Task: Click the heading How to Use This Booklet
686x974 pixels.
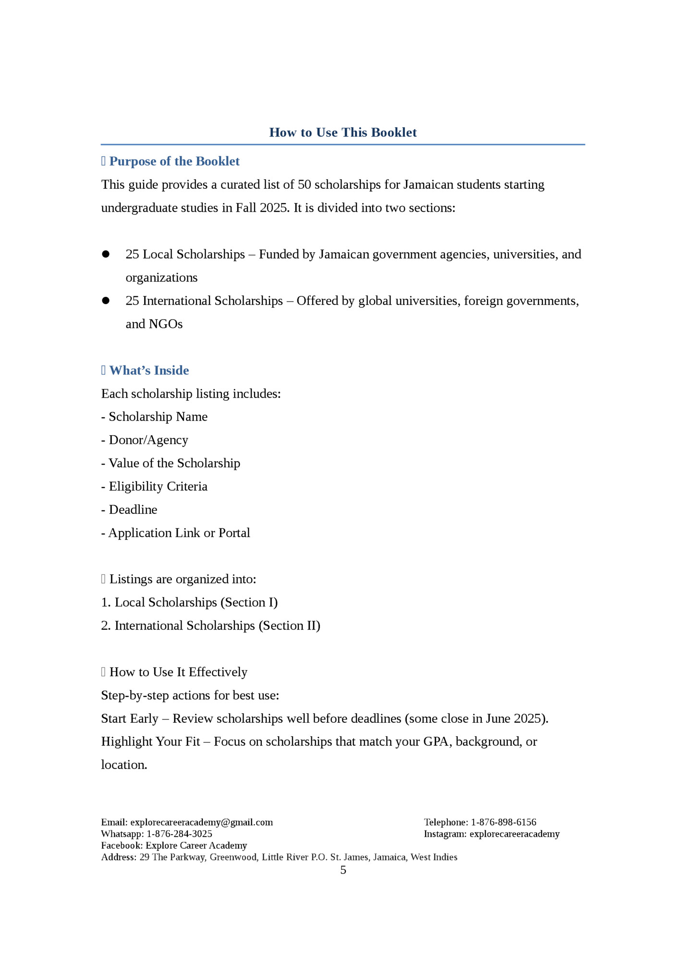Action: tap(343, 133)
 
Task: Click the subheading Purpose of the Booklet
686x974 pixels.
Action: tap(174, 161)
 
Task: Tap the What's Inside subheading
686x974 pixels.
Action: tap(149, 370)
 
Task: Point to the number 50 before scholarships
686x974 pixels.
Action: tap(305, 185)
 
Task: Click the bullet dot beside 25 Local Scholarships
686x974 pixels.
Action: tap(106, 254)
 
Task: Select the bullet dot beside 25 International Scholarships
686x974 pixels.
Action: tap(106, 301)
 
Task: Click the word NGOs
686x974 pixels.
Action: tap(166, 324)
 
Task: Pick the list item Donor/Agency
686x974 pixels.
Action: tap(148, 440)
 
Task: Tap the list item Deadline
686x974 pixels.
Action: tap(133, 510)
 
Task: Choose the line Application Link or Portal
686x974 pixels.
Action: tap(179, 533)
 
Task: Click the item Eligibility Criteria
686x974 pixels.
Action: tap(158, 487)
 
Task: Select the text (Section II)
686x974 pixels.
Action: tap(289, 626)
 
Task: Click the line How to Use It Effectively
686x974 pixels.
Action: tap(178, 672)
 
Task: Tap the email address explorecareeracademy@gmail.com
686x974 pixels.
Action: tap(201, 822)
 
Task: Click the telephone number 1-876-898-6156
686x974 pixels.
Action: tap(503, 822)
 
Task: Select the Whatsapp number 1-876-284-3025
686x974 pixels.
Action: tap(179, 834)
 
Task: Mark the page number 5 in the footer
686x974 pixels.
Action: tap(343, 870)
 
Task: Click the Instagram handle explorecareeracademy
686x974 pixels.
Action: tap(514, 834)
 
